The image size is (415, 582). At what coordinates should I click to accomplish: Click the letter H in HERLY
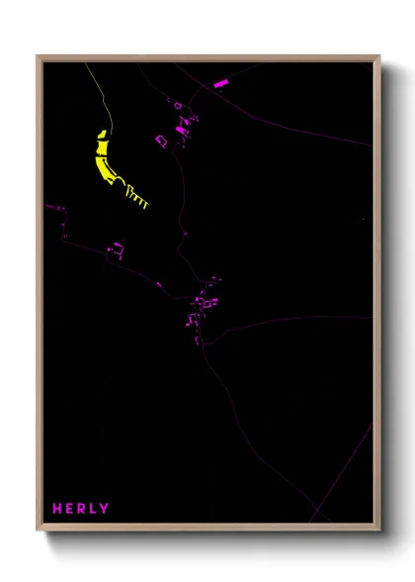(58, 509)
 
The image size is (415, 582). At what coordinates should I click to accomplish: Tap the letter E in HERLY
(70, 509)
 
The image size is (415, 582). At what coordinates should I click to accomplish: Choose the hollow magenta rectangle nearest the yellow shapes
(160, 140)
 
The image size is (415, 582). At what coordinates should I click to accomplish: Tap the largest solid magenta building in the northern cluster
(181, 128)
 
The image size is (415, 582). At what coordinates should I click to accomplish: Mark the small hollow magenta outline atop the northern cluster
(179, 104)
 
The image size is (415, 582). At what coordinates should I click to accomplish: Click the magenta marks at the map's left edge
(54, 209)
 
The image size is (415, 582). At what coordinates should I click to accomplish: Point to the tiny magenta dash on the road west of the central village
(158, 284)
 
